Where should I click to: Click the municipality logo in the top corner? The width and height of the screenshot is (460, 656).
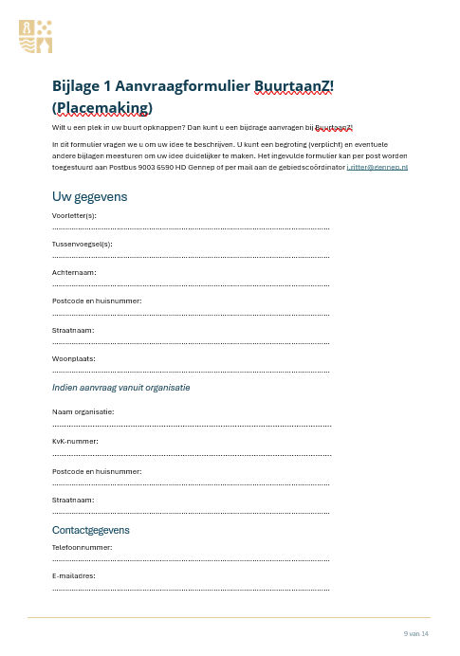click(x=36, y=35)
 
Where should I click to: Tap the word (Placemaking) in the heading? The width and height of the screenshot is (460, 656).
click(x=101, y=108)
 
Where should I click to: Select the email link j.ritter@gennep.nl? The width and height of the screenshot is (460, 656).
click(x=377, y=167)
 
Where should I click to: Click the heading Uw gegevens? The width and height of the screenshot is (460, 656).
click(x=89, y=196)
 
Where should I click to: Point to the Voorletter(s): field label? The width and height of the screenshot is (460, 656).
click(x=74, y=215)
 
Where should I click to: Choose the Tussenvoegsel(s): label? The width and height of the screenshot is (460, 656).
click(x=82, y=244)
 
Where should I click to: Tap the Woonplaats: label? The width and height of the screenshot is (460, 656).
click(x=74, y=358)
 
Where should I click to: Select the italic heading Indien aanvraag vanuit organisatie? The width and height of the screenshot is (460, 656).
click(x=120, y=387)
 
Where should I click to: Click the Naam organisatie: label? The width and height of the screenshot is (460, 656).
click(x=83, y=411)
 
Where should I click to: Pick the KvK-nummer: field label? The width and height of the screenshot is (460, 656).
click(x=75, y=441)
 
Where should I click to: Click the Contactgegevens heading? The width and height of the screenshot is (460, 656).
click(x=91, y=530)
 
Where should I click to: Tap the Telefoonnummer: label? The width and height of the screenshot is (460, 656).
click(x=82, y=547)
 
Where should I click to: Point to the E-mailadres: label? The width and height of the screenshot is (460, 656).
click(x=74, y=575)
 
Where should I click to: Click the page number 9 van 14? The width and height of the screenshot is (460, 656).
click(x=416, y=632)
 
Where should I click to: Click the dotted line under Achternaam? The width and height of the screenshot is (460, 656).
click(x=191, y=285)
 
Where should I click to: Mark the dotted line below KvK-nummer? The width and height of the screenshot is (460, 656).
click(x=191, y=454)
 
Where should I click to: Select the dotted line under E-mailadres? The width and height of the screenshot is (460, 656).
click(x=191, y=589)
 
